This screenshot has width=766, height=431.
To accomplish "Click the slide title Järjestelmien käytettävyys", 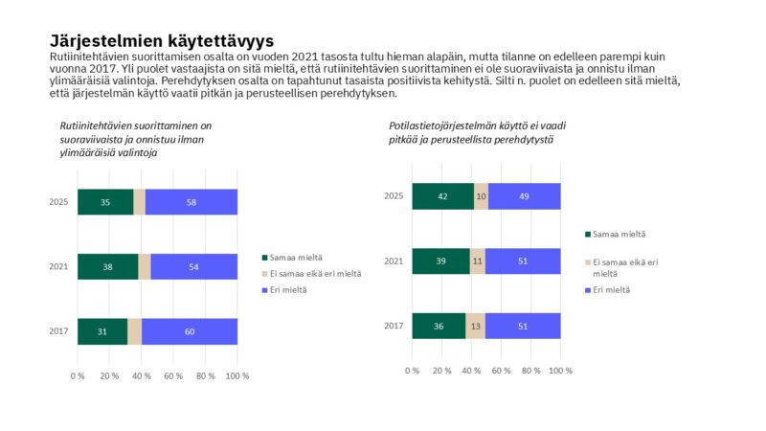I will click(x=162, y=41).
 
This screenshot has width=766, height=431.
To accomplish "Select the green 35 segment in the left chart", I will click(x=105, y=202).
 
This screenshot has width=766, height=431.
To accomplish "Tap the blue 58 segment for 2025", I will click(x=191, y=202).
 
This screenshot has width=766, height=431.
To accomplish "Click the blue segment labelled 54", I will click(x=193, y=266).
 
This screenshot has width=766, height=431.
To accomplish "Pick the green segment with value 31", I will click(x=102, y=331).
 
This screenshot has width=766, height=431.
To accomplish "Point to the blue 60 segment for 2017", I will click(x=190, y=331).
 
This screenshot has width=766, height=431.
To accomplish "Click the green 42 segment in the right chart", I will click(x=442, y=196).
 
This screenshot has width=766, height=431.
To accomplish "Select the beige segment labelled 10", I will click(x=481, y=196).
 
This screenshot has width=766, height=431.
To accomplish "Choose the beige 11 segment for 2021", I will click(x=478, y=261).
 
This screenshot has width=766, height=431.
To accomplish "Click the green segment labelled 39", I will click(x=440, y=261).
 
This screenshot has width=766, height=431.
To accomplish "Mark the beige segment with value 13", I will click(x=476, y=326).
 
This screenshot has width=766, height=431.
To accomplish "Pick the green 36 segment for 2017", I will click(x=439, y=326).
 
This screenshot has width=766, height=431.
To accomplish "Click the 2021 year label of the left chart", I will click(x=57, y=266).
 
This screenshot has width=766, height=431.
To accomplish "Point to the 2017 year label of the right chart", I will click(x=393, y=326).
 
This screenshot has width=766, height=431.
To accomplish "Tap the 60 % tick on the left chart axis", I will click(x=173, y=375).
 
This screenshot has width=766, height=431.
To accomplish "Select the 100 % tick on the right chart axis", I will click(x=560, y=370).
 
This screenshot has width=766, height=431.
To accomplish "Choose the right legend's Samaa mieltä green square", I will click(x=587, y=234).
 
